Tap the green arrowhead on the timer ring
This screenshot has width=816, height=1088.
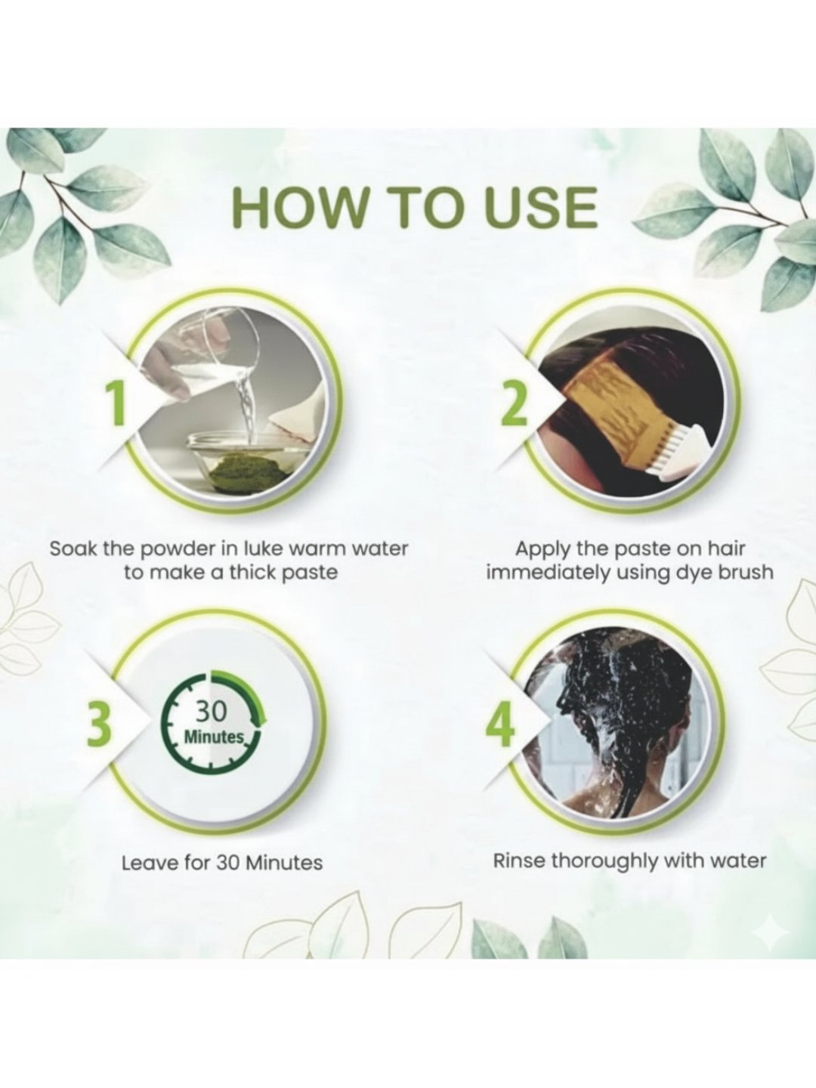click(260, 721)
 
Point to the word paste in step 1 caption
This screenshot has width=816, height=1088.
click(311, 573)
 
